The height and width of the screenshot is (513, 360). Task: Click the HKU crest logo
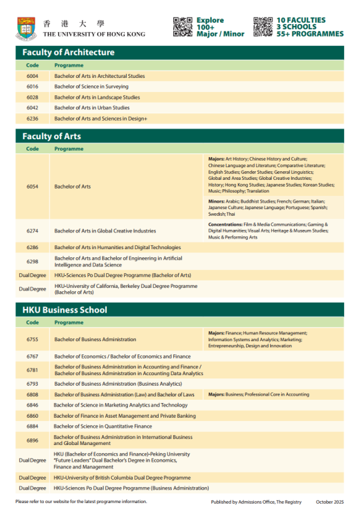click(x=26, y=27)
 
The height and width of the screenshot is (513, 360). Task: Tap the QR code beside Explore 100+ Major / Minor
click(x=183, y=27)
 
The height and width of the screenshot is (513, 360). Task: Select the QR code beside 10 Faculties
click(x=263, y=27)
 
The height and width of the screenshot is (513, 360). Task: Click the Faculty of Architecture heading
click(x=69, y=52)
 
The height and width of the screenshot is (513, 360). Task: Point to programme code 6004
click(x=33, y=76)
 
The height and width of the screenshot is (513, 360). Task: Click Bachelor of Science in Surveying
click(x=91, y=87)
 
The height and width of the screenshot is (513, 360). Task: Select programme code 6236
click(x=33, y=119)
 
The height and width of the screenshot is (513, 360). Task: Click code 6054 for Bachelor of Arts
click(x=33, y=187)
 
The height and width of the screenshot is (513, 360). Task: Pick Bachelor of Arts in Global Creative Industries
click(x=105, y=231)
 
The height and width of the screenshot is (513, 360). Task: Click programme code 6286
click(x=33, y=247)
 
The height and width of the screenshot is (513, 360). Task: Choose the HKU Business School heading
click(x=65, y=310)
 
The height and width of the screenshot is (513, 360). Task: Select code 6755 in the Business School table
click(x=33, y=339)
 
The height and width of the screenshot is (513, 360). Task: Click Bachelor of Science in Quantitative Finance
click(x=103, y=426)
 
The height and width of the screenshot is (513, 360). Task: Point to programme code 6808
click(x=33, y=394)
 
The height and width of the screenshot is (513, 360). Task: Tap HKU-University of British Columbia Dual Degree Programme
click(x=123, y=478)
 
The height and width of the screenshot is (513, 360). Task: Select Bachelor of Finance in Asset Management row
click(x=125, y=416)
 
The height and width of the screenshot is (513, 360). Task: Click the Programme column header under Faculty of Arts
click(x=69, y=149)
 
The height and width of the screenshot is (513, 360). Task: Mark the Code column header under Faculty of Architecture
click(x=33, y=65)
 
